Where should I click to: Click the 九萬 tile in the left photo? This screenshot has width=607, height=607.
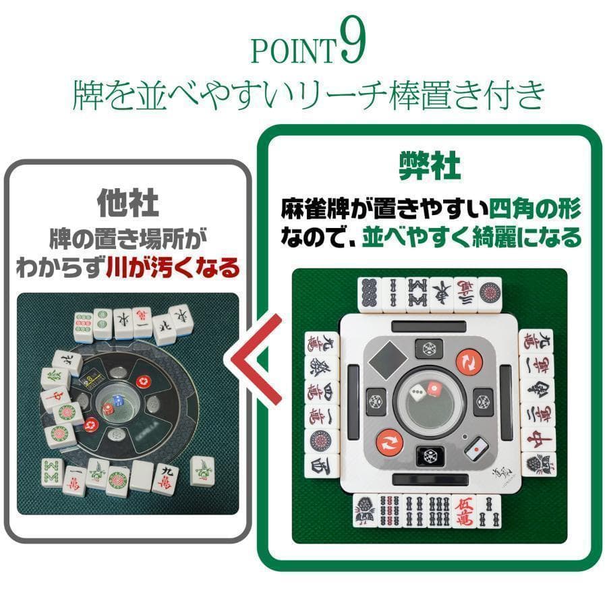click(x=166, y=477)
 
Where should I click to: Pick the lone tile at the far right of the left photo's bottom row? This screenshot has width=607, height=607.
click(x=202, y=469)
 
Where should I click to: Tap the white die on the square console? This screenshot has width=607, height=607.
click(x=418, y=392)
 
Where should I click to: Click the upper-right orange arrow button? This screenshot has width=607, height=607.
click(x=467, y=362)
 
